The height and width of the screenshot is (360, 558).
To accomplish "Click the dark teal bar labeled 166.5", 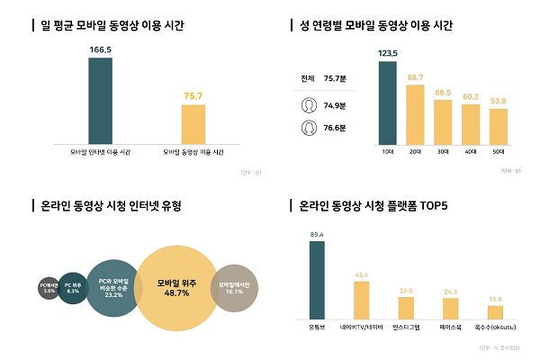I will pyautogui.click(x=100, y=100).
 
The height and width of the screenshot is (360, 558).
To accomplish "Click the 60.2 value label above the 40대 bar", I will pyautogui.click(x=471, y=96).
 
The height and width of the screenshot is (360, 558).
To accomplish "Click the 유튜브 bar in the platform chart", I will pyautogui.click(x=316, y=281).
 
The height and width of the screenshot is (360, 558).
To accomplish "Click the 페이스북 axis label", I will pyautogui.click(x=451, y=328).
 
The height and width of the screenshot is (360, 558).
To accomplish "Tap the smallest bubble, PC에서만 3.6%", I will pyautogui.click(x=49, y=288).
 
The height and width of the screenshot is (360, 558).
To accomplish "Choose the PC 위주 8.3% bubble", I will pyautogui.click(x=73, y=288).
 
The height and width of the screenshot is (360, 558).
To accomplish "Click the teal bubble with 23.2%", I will pyautogui.click(x=113, y=288).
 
